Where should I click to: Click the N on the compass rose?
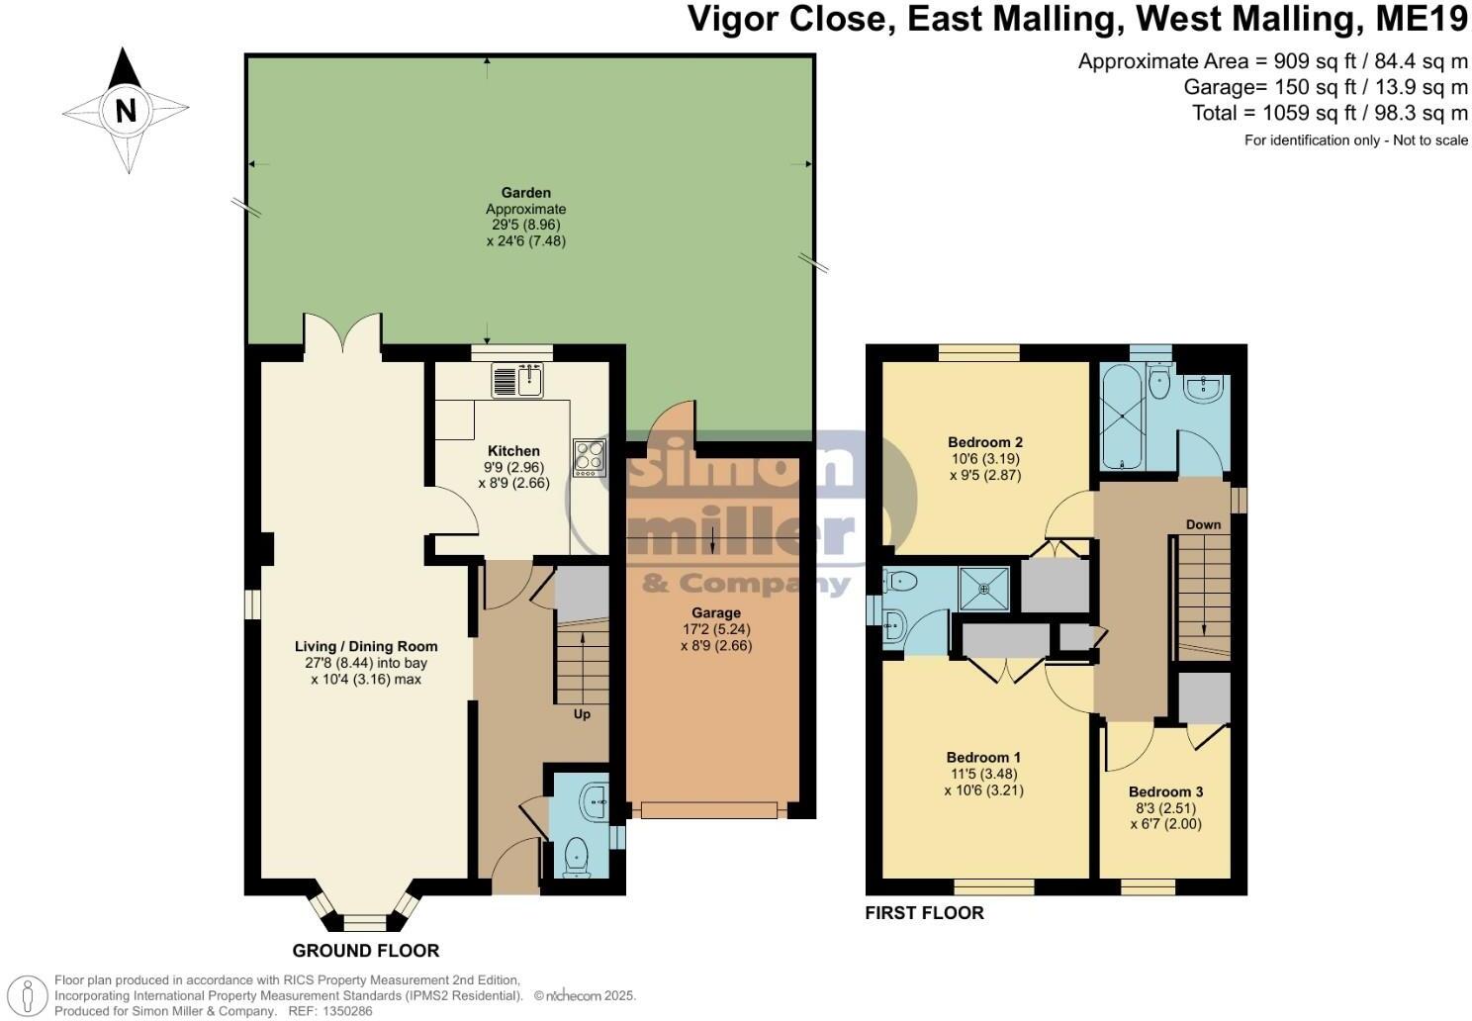point(126,110)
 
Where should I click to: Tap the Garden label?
point(525,193)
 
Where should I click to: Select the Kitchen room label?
point(513,451)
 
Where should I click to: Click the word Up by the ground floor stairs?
point(582,713)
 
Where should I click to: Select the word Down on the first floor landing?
point(1203,524)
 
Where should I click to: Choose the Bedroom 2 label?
point(984,442)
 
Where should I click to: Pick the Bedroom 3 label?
point(1165,791)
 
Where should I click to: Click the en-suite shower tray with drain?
point(984,589)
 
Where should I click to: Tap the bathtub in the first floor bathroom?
point(1122,417)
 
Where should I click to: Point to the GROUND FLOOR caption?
point(366,951)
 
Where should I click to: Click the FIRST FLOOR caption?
point(924,912)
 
